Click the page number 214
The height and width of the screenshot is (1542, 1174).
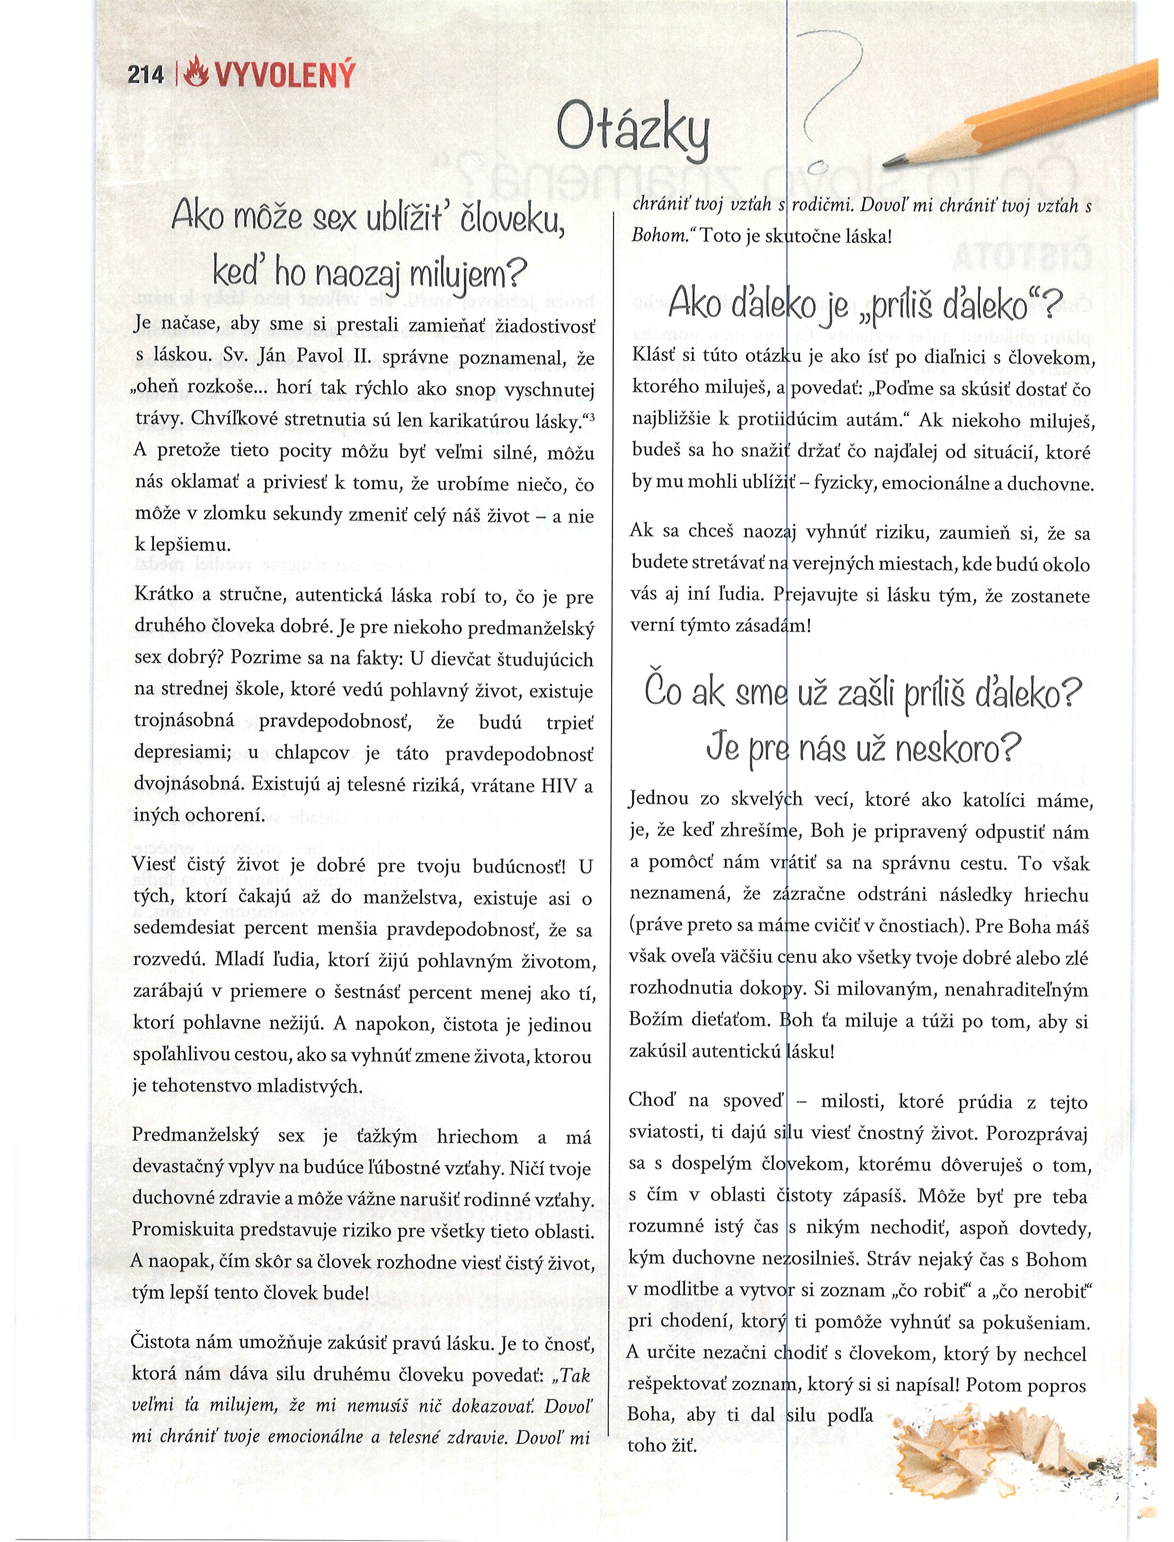tap(145, 75)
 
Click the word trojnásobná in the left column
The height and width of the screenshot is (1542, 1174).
tap(185, 723)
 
